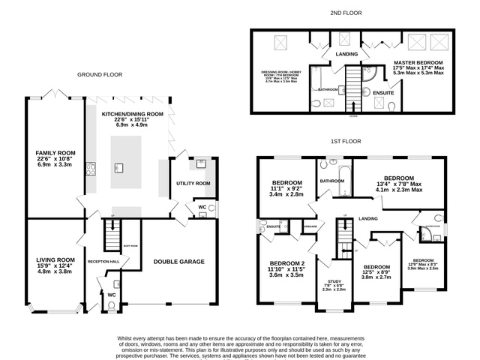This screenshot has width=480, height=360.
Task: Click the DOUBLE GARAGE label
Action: point(178,262)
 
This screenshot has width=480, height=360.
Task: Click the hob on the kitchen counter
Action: point(88,168)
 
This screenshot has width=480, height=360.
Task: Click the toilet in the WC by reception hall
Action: point(112,304)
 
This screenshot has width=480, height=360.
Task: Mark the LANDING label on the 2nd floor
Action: point(346,54)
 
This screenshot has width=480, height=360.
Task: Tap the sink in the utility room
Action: point(202,163)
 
